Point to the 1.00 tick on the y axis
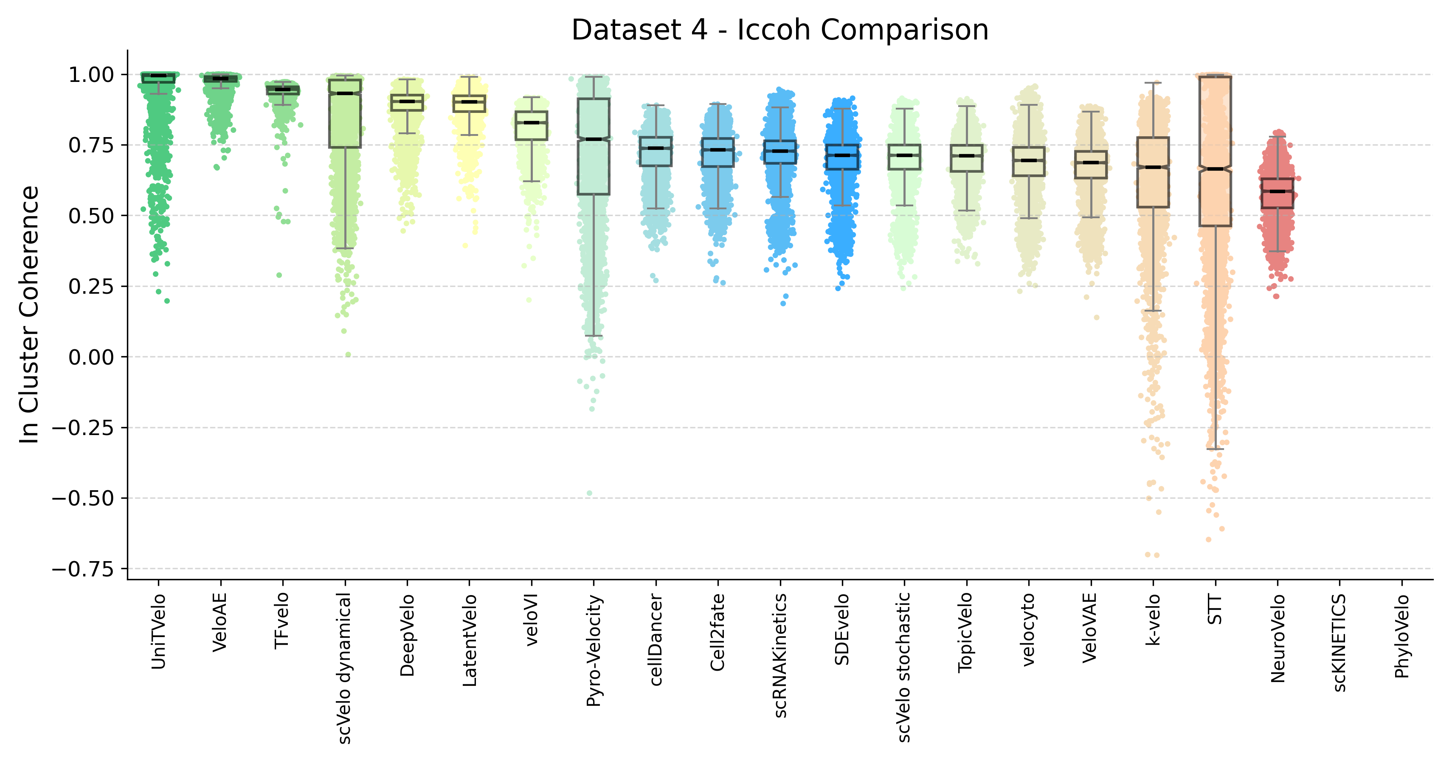(91, 74)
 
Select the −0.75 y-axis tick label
(83, 569)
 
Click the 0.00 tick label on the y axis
(91, 357)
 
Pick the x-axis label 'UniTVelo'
(158, 631)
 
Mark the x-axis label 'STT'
(1215, 610)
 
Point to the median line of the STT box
(1215, 169)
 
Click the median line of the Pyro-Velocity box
(594, 139)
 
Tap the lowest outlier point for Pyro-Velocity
(590, 493)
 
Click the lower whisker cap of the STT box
(1215, 449)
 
